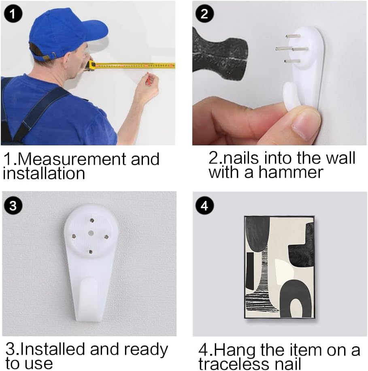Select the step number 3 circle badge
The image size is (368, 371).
13,206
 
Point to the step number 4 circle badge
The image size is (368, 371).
204,206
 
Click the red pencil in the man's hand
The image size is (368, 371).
148,79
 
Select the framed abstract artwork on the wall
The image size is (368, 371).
279,267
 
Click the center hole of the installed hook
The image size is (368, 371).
91,233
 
